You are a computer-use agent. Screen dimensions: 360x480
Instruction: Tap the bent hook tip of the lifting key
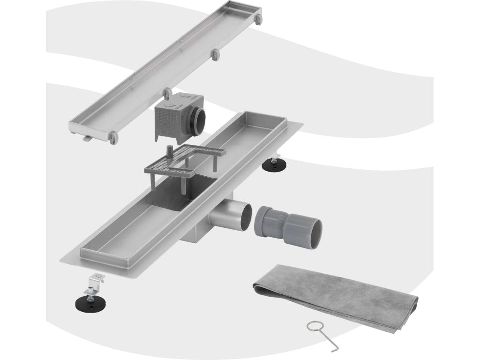333,349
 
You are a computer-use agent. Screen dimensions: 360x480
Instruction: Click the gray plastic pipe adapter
286,224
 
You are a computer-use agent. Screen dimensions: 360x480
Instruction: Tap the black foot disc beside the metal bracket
90,302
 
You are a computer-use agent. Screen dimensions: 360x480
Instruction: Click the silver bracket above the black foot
96,280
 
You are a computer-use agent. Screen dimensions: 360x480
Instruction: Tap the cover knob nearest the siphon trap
166,92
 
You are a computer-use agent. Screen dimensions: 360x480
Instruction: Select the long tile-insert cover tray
164,70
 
